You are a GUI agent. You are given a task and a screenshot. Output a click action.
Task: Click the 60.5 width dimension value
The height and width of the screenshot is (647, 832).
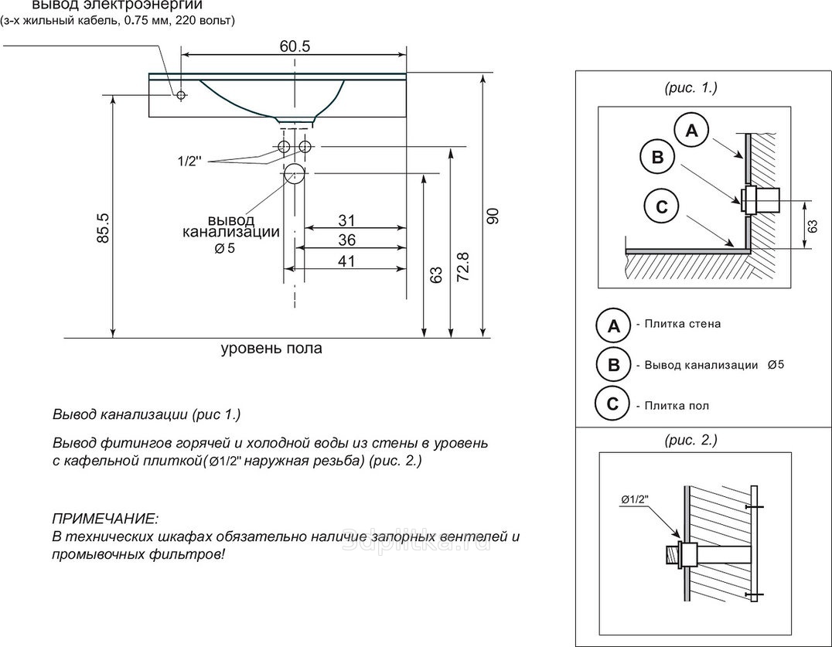coord(295,46)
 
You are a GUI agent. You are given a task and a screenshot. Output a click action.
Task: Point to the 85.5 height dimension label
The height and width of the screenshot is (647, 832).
coord(103,228)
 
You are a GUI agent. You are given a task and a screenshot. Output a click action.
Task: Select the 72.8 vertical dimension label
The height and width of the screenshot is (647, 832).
coord(462,267)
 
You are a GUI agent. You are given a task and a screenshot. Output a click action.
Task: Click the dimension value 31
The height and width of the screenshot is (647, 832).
coord(346,220)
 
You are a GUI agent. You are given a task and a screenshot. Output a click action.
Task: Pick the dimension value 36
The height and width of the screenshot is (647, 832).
coord(346,240)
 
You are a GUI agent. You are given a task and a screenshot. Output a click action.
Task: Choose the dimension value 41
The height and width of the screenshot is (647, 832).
coord(346,261)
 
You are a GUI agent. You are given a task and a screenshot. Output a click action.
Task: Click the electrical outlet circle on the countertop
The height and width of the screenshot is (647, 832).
coord(181,95)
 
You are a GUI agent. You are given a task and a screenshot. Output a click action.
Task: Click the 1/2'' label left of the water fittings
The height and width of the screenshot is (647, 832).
coord(189,161)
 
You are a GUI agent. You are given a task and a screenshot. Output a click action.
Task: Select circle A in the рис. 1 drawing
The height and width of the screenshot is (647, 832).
coord(692,131)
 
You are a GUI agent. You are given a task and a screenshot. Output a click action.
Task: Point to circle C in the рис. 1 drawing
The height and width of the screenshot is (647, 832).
coord(661,206)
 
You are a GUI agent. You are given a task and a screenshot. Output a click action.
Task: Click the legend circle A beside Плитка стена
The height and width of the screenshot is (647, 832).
coord(613,325)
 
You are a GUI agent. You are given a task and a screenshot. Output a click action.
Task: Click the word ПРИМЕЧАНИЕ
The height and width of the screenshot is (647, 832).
coord(104,517)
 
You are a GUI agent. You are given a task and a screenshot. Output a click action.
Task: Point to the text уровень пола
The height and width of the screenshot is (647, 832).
coord(271,349)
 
